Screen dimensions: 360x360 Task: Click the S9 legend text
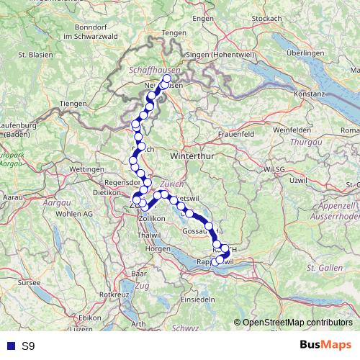pos(28,346)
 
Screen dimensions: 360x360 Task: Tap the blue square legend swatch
pos(9,346)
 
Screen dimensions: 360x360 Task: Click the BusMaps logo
pos(326,346)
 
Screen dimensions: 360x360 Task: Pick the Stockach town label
pos(267,18)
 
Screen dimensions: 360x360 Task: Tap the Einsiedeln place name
pos(198,298)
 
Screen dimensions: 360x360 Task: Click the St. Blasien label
pos(32,54)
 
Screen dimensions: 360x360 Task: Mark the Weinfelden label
pos(311,130)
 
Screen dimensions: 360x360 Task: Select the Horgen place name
pos(158,248)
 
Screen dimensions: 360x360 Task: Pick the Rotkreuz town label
pos(114,294)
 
